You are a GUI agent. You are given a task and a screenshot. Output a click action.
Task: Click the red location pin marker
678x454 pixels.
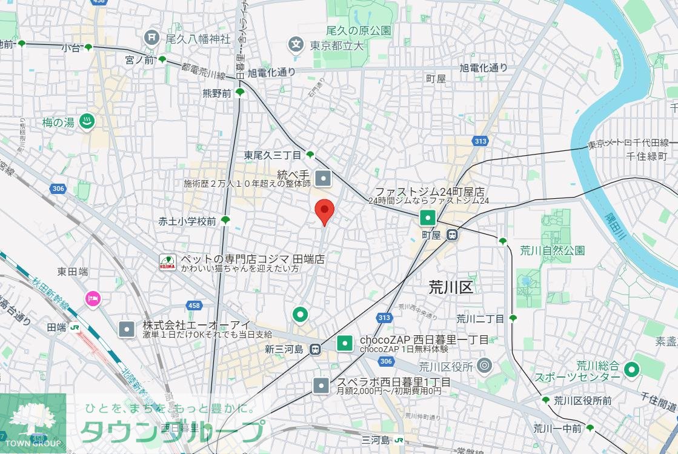(325, 212)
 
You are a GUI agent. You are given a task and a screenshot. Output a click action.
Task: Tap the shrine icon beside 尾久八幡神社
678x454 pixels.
(151, 38)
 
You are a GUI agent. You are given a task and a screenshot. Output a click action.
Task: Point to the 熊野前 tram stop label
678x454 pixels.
(217, 93)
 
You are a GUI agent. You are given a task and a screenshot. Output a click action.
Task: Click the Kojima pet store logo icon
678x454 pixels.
(167, 262)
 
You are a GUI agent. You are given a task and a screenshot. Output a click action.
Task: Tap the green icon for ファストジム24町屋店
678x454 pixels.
(428, 217)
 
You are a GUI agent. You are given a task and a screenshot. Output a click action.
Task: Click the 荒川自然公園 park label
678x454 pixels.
(552, 250)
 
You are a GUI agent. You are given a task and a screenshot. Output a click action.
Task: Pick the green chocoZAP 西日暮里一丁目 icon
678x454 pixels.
(345, 344)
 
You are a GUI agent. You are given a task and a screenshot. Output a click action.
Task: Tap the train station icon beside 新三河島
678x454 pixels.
(315, 349)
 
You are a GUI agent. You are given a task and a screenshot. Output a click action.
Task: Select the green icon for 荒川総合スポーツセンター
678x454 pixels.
(632, 368)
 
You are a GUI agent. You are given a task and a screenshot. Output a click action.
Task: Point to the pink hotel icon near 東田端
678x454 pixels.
(93, 298)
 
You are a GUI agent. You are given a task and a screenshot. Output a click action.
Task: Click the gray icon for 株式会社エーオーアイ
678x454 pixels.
(127, 329)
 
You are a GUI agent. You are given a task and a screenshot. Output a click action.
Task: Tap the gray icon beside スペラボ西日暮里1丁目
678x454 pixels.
(321, 385)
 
